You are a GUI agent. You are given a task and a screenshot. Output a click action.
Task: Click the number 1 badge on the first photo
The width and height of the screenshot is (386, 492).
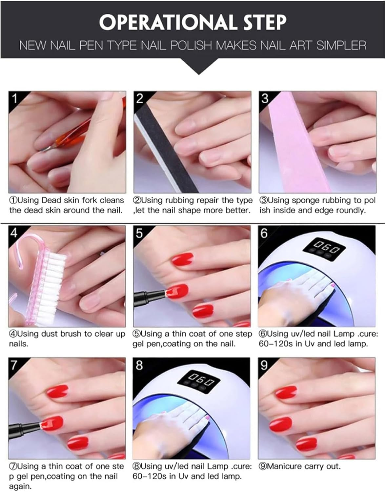tap(14, 98)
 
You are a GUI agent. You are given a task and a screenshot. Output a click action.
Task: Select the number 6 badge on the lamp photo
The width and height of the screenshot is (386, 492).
tap(264, 233)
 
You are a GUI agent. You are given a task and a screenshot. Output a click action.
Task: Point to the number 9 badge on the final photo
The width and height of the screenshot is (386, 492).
tap(264, 365)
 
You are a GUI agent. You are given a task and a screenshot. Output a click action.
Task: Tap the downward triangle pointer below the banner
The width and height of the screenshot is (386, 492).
tap(199, 66)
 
